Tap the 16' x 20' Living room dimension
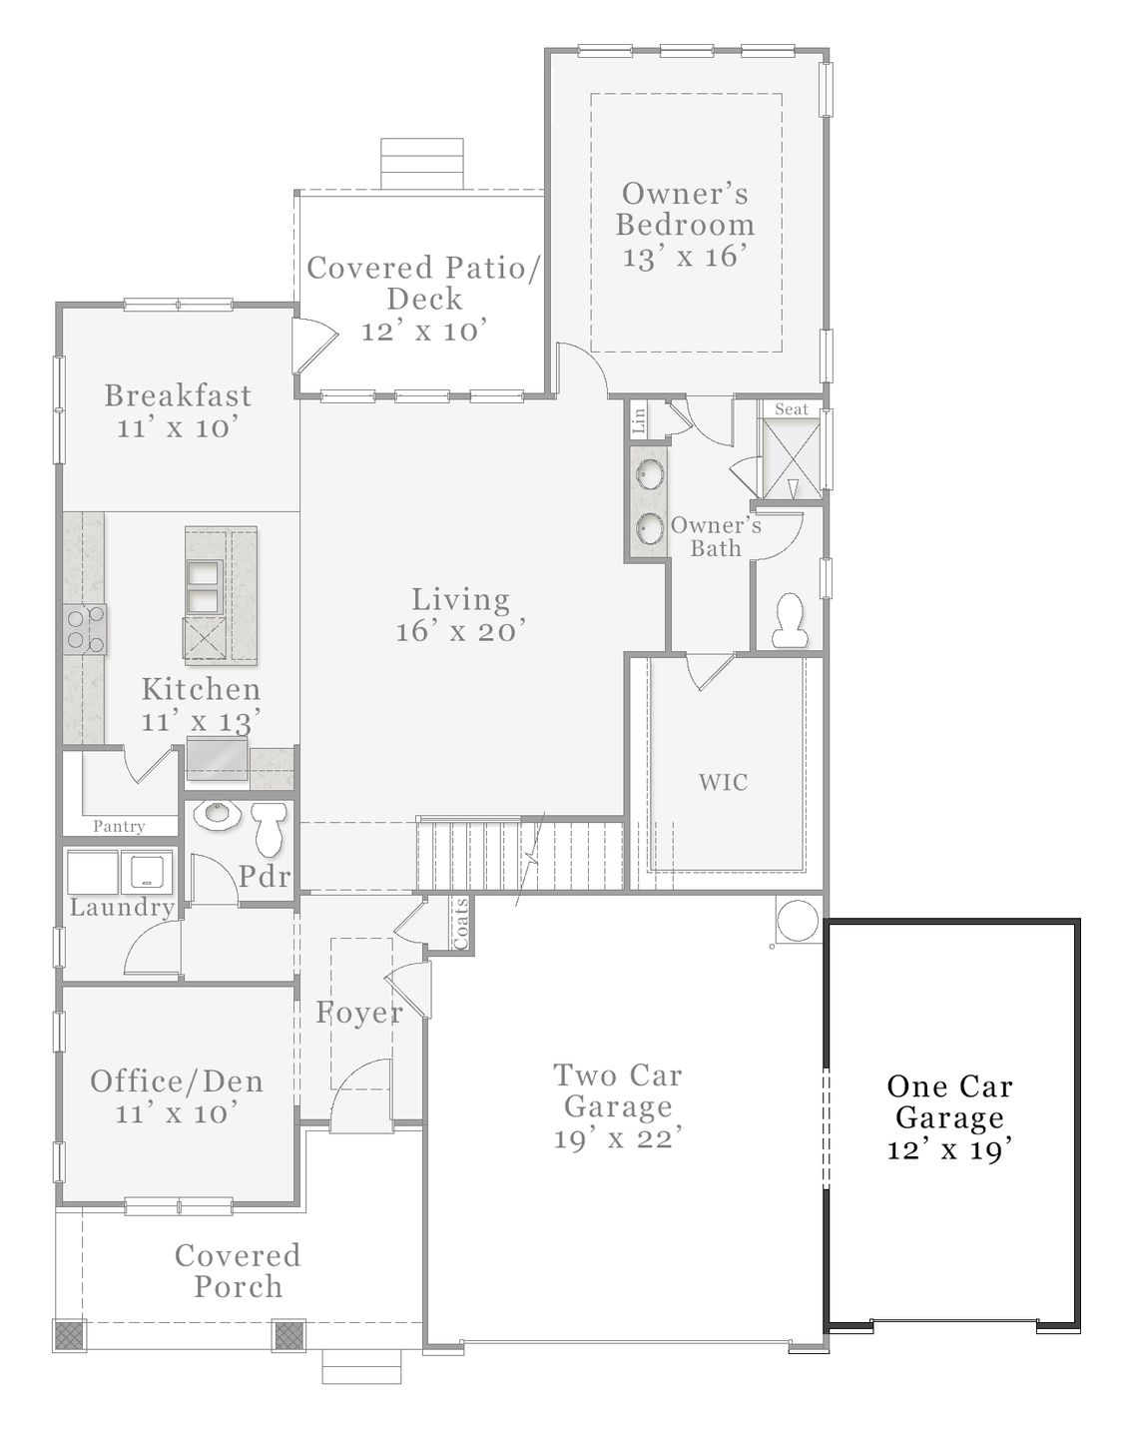[x=460, y=631]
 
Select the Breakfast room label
[x=178, y=395]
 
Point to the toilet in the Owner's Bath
[x=791, y=619]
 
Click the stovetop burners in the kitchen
[x=85, y=630]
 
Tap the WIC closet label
[x=723, y=782]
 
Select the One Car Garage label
[x=949, y=1101]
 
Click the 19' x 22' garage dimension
[x=618, y=1138]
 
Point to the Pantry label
[x=119, y=826]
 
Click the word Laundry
[x=122, y=908]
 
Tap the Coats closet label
[x=461, y=923]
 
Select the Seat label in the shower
[x=792, y=409]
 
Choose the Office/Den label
[x=177, y=1080]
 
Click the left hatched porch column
[x=70, y=1335]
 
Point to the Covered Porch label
[x=238, y=1271]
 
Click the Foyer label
[x=359, y=1013]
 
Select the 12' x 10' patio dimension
[x=424, y=331]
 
